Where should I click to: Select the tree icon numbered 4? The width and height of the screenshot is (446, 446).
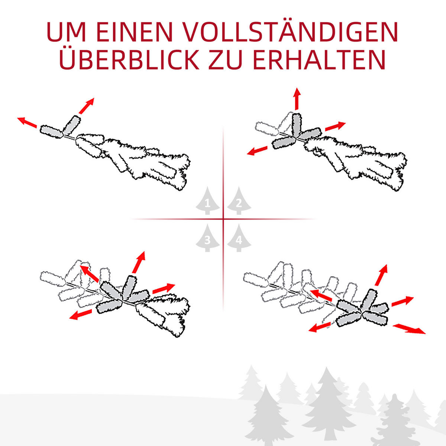click(x=239, y=239)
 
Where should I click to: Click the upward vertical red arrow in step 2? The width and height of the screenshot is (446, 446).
click(x=297, y=99)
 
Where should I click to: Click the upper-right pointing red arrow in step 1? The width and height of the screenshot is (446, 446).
click(x=86, y=106)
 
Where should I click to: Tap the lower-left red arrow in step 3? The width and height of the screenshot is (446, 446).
click(x=81, y=314)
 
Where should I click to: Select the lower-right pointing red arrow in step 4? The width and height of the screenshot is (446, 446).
click(x=409, y=329)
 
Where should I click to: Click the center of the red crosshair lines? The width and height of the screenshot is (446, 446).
click(x=223, y=219)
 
